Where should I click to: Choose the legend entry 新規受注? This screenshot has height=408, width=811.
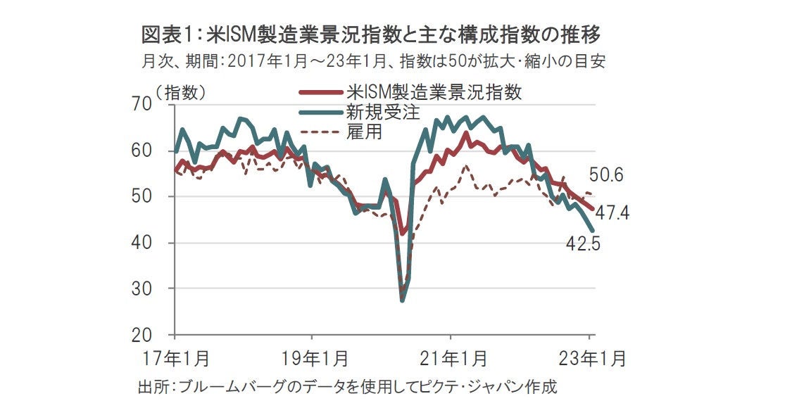click(377, 111)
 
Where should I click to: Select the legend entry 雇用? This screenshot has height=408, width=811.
click(363, 131)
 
